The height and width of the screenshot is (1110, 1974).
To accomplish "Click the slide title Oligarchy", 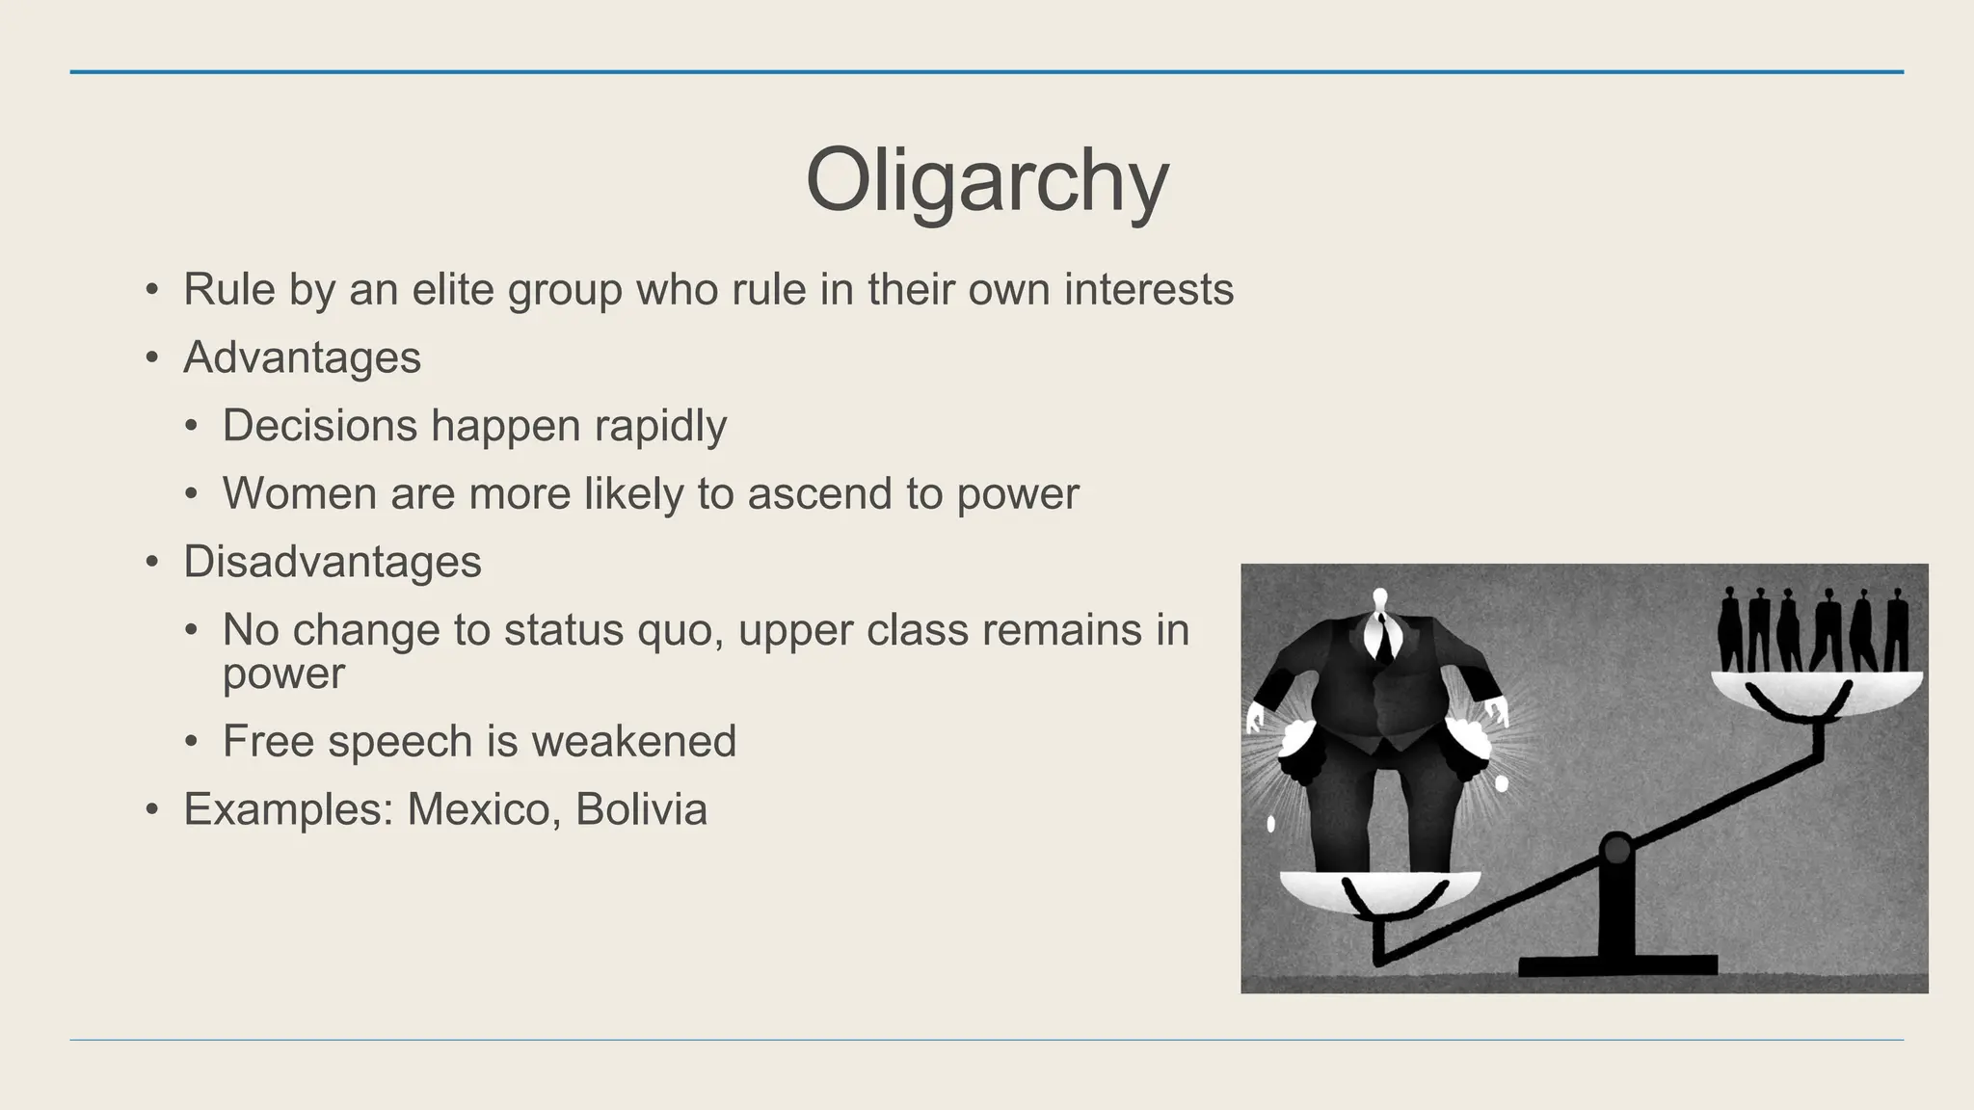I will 986,180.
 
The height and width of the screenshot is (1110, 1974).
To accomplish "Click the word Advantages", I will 302,357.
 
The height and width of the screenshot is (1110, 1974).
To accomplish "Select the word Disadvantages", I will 332,562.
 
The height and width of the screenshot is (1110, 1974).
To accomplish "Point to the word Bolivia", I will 641,809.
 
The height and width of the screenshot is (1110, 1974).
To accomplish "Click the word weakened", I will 633,741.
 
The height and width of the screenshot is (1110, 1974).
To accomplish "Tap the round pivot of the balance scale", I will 1615,850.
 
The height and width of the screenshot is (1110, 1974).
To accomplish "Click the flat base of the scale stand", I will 1617,965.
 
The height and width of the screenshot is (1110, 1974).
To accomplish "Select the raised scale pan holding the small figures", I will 1817,692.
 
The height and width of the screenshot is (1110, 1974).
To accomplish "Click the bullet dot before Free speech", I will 192,742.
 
